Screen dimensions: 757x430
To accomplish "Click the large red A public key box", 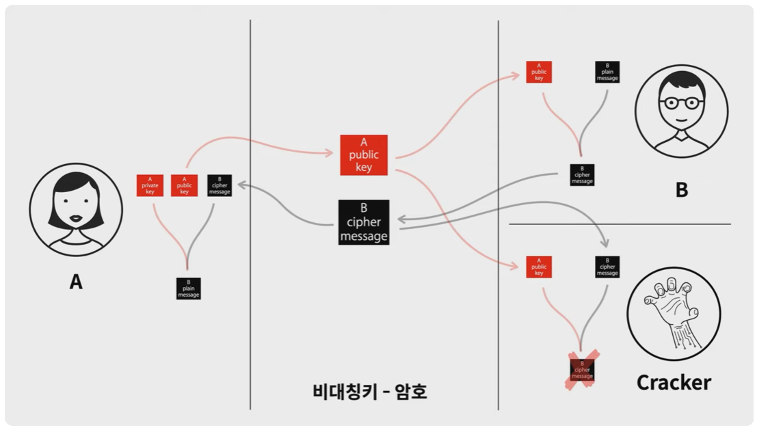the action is tap(364, 154).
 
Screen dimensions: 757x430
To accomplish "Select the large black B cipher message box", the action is tap(364, 222).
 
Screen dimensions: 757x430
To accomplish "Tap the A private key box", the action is tap(149, 186).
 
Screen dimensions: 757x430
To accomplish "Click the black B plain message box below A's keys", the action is tap(188, 288).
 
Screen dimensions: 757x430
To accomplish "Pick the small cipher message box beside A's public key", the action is tap(220, 186).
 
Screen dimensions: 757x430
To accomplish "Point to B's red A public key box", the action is tap(539, 72).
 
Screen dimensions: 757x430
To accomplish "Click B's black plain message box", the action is tap(607, 72).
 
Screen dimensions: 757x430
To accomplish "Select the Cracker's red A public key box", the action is tap(539, 267).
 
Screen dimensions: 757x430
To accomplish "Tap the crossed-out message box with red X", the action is tap(582, 370).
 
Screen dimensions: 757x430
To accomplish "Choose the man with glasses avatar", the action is tap(681, 111).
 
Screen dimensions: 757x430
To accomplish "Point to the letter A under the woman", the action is tap(76, 281).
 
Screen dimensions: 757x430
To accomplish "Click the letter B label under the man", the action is tap(682, 190).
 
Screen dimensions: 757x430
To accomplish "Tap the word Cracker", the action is tap(674, 382).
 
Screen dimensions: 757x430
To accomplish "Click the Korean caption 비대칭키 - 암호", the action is tap(369, 391).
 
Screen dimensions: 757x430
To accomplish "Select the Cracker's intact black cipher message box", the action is tap(607, 267).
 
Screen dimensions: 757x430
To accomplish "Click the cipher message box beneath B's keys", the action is tap(582, 175).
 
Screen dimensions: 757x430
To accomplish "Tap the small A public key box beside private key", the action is tap(184, 186).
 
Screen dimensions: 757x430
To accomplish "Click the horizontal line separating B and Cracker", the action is tap(620, 224).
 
